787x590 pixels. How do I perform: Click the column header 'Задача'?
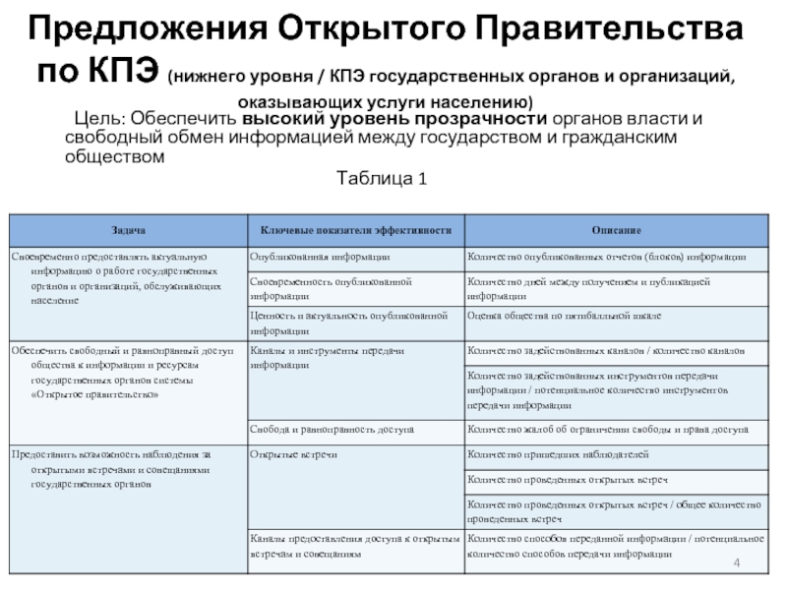coord(126,230)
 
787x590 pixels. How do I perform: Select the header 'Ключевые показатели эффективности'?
coord(355,230)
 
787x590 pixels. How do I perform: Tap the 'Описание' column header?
coord(616,230)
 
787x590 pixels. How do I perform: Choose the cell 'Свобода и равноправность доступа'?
coord(332,429)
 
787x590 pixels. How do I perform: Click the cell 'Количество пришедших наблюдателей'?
coord(558,453)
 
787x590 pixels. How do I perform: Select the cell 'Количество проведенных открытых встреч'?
coord(568,479)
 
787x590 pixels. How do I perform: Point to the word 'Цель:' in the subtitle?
coord(102,119)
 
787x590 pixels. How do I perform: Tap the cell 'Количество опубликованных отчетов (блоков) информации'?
coord(607,256)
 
